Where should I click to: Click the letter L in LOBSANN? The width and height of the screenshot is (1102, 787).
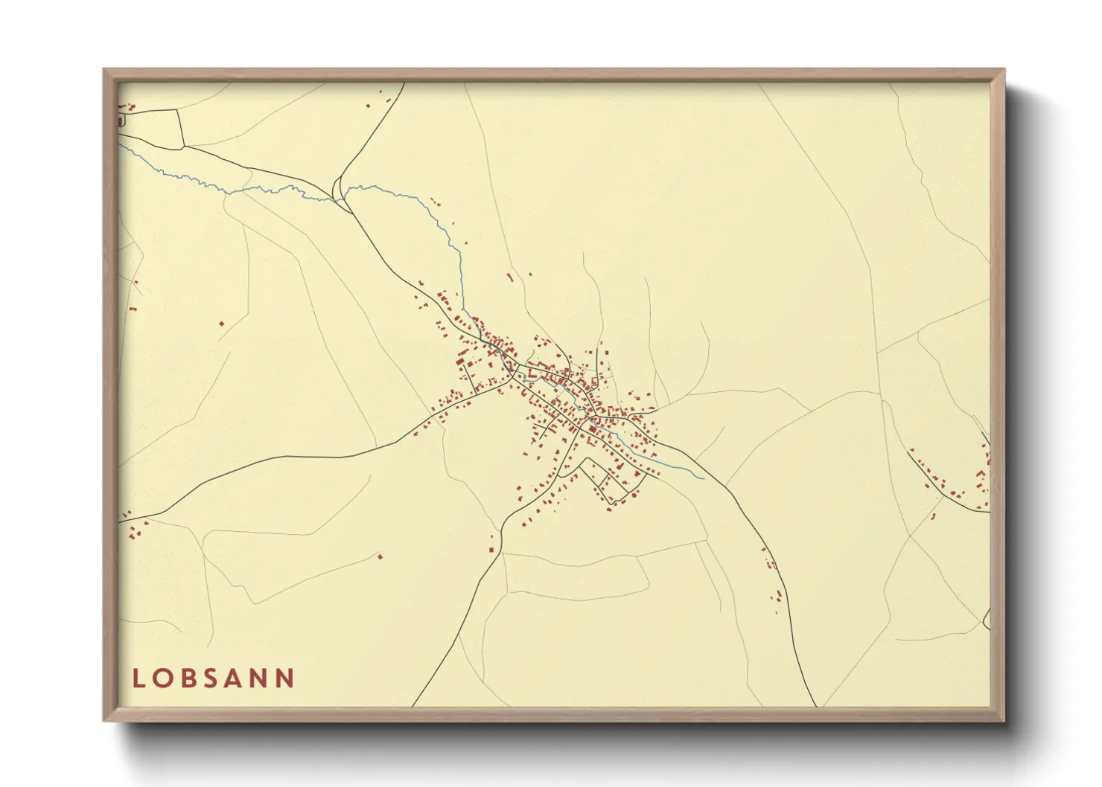(x=138, y=678)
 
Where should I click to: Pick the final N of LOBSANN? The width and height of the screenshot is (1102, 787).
(x=286, y=678)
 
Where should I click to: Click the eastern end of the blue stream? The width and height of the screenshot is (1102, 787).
(x=703, y=478)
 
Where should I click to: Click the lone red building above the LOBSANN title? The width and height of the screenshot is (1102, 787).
(x=380, y=556)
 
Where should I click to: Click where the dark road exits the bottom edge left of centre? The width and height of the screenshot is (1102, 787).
(x=413, y=705)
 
